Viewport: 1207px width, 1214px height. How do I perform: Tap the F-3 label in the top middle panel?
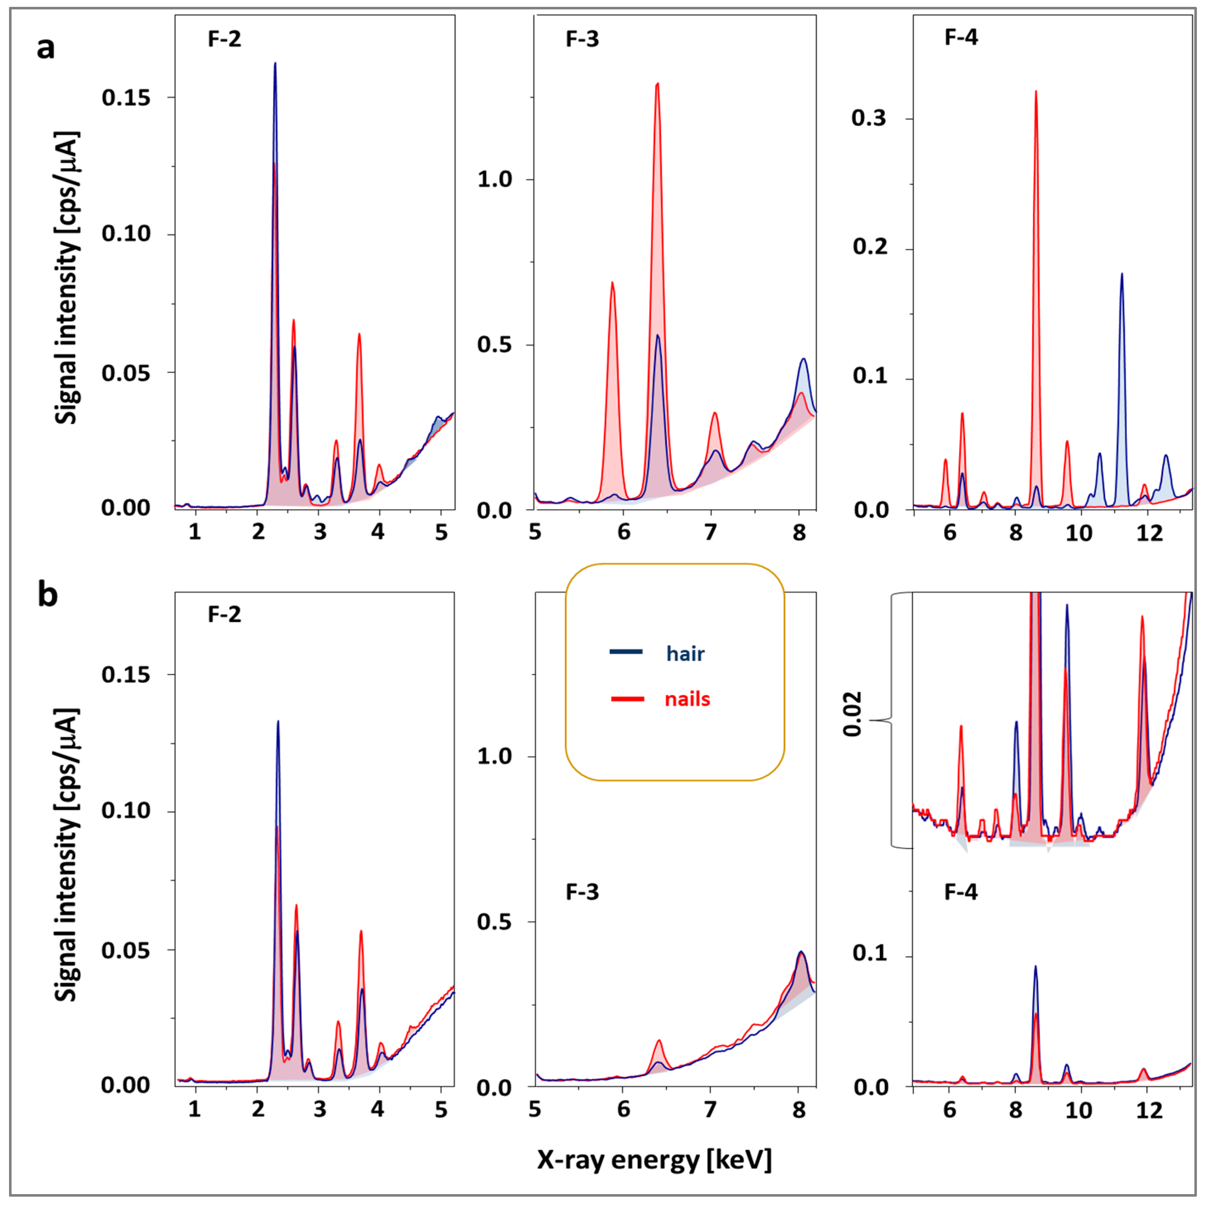pos(582,39)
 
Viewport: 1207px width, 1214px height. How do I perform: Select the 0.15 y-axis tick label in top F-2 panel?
pos(126,98)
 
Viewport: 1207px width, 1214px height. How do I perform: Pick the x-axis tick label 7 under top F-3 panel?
pos(710,532)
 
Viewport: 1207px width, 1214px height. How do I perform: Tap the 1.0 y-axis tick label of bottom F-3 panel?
pos(494,756)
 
